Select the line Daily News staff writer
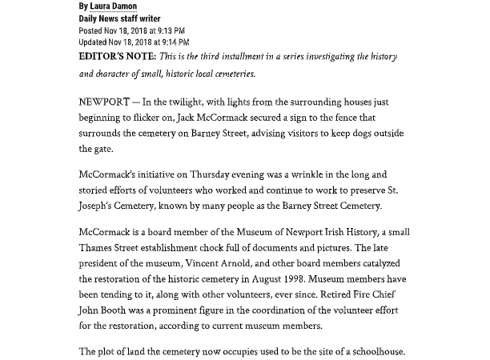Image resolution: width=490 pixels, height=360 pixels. [x=118, y=18]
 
